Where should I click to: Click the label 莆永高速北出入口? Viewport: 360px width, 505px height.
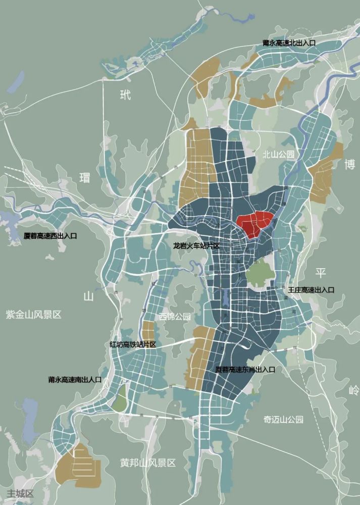[x=289, y=43]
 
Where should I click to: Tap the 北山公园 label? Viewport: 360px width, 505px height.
[x=278, y=155]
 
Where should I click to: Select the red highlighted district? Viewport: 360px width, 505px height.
[x=255, y=224]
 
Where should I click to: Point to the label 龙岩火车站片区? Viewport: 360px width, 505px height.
[x=196, y=246]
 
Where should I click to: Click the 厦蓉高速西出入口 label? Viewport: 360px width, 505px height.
[x=50, y=236]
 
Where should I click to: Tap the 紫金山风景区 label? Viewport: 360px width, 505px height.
[x=33, y=315]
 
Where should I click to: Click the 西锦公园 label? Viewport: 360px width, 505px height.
[x=175, y=317]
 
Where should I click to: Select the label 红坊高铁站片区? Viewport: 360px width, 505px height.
[x=133, y=344]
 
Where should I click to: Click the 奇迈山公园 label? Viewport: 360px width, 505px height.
[x=283, y=419]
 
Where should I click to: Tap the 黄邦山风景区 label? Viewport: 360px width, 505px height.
[x=147, y=463]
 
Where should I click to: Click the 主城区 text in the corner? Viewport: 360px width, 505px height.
[x=20, y=493]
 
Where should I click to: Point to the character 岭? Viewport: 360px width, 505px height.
[x=352, y=390]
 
